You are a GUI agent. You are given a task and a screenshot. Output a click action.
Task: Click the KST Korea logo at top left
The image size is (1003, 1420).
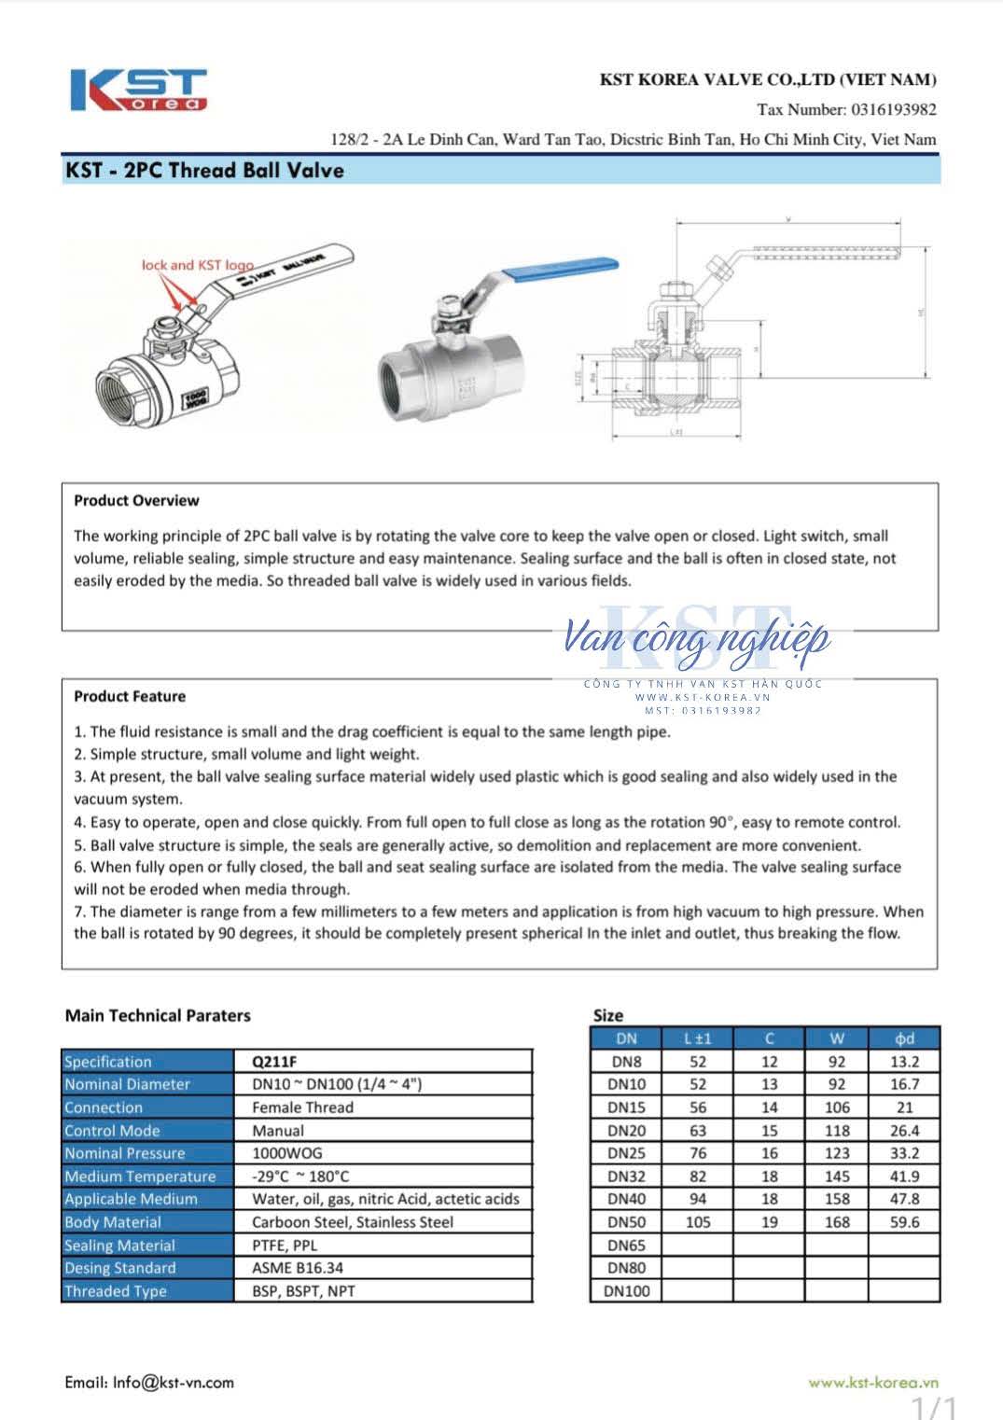point(138,90)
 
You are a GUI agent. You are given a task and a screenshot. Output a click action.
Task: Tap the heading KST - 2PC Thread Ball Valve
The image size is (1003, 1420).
point(204,171)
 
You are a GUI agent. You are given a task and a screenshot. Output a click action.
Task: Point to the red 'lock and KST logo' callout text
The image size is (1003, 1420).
point(197,265)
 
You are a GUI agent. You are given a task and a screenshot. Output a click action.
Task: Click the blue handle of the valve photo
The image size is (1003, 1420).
point(560,267)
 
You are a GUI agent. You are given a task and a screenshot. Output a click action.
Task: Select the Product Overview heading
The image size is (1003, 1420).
point(136,500)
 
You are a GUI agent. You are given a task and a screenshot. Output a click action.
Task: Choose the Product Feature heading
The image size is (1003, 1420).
point(130,696)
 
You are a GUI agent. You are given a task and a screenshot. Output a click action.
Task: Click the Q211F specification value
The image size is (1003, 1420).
point(274,1062)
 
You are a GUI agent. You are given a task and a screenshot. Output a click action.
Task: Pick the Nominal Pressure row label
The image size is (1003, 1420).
point(125,1153)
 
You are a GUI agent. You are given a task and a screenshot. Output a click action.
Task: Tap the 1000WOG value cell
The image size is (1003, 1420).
point(286,1153)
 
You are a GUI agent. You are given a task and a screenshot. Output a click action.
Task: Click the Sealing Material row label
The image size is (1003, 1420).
point(119,1246)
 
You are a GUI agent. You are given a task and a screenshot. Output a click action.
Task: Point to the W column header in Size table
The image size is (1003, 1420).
point(837,1038)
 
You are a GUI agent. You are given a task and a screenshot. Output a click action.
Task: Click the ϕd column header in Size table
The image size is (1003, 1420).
point(904,1038)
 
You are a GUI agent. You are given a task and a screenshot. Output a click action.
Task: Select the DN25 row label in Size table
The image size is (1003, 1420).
point(626,1153)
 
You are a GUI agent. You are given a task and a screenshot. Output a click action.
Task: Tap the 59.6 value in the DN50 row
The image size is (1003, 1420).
point(904,1222)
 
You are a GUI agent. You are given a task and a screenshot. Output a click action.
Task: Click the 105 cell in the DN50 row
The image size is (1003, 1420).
point(698,1222)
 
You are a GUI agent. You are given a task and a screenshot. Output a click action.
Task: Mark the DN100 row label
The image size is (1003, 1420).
point(628,1291)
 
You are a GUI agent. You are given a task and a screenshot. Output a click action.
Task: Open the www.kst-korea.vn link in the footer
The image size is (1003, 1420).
point(872,1383)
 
